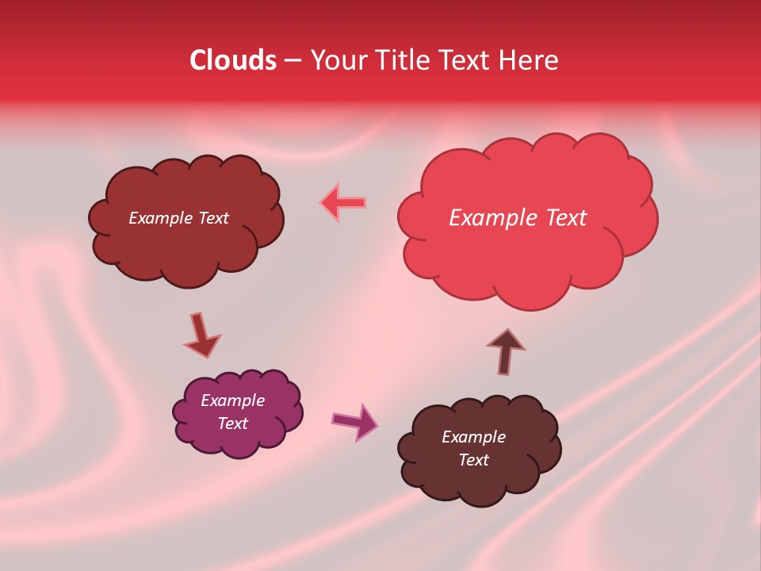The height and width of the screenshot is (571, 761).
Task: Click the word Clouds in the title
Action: pos(233,60)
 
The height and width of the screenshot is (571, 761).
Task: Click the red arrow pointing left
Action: pos(343,202)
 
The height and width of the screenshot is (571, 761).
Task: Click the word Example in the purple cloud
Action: pos(233,400)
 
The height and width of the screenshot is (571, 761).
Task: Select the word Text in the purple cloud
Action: pos(233,423)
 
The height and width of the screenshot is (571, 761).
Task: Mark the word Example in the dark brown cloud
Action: pos(473,437)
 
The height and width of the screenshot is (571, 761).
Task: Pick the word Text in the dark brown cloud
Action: pos(473,460)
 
